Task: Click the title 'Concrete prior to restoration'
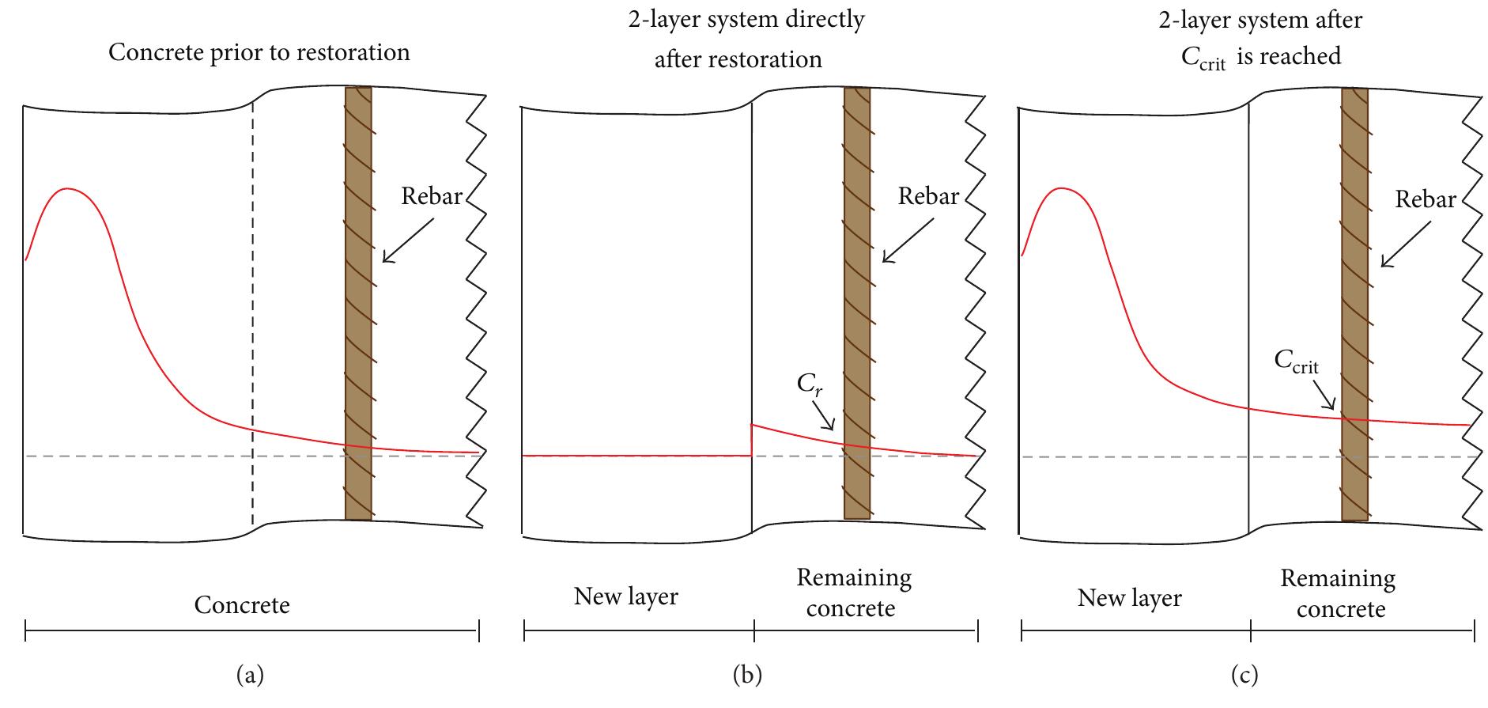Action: click(259, 53)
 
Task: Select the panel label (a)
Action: click(250, 675)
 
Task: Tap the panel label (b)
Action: click(747, 675)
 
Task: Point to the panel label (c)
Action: click(1244, 675)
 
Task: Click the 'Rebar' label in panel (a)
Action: click(431, 196)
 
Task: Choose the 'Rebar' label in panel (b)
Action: click(928, 196)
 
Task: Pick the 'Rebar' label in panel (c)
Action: click(1426, 199)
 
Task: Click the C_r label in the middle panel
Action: click(808, 385)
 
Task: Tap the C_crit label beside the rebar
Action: click(1296, 362)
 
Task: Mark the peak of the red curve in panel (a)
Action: click(69, 189)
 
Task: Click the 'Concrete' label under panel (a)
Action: click(242, 606)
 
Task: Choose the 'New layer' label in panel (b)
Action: click(625, 596)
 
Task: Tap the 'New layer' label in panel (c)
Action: click(1129, 598)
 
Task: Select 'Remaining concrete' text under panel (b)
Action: click(853, 593)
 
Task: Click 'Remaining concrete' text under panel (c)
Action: click(1338, 594)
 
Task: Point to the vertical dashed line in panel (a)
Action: click(252, 316)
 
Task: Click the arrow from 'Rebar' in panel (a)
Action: click(407, 240)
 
